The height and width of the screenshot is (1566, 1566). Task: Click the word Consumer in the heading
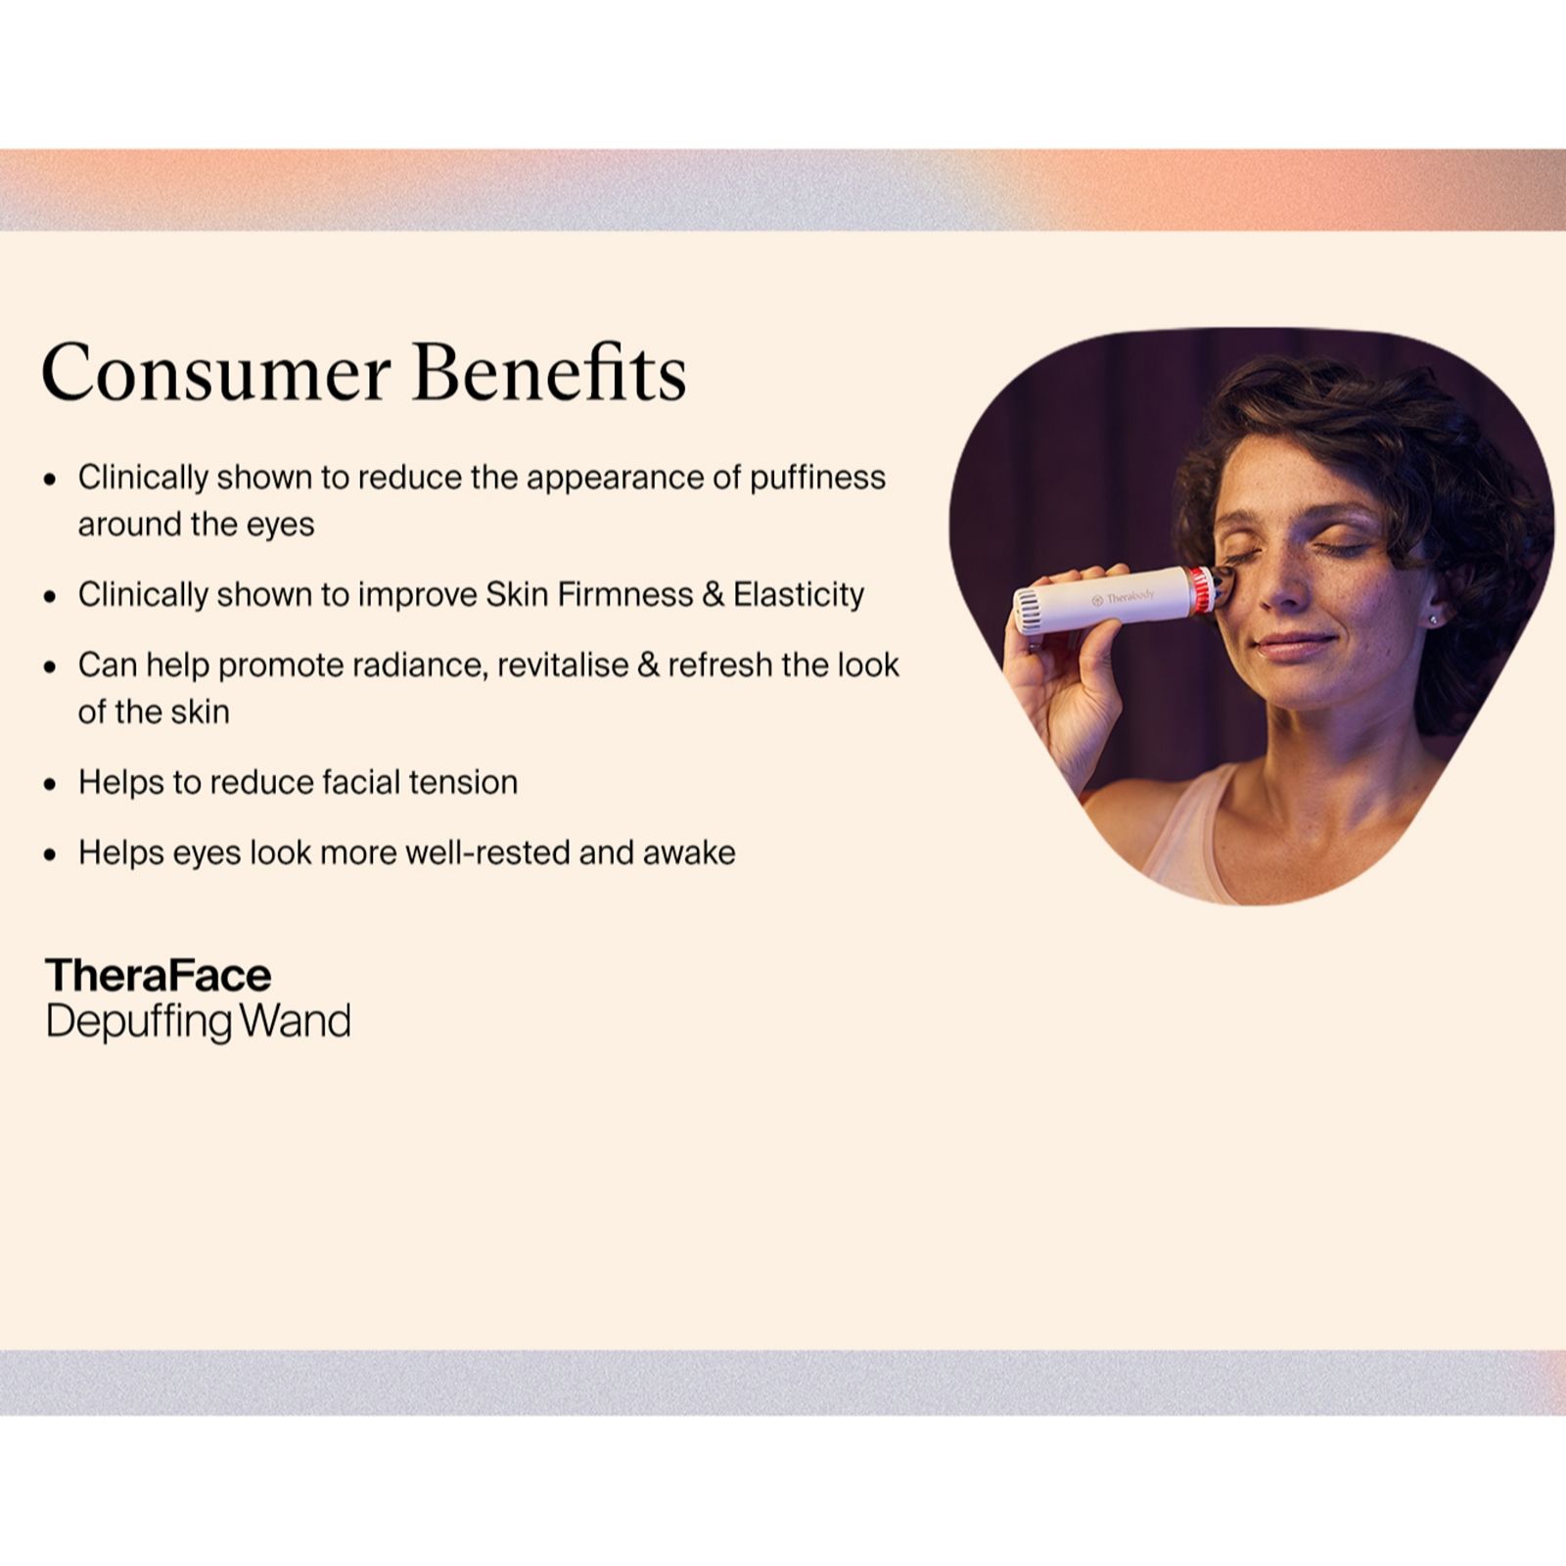coord(216,373)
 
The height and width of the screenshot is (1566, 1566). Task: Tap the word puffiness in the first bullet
coord(817,479)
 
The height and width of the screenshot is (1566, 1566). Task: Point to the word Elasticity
coord(799,595)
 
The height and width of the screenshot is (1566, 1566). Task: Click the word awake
coord(689,852)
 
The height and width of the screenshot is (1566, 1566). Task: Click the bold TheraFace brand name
coord(159,975)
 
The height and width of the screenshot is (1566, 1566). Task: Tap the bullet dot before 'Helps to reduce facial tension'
coord(51,784)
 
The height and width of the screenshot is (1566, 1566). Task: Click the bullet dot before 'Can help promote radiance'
coord(51,667)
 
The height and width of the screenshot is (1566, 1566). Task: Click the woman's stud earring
coord(1433,619)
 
